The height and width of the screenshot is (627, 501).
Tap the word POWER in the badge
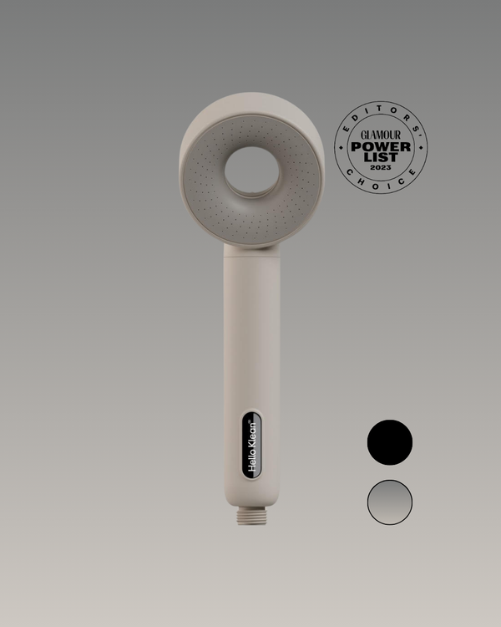point(381,147)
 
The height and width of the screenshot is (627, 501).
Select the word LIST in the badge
point(381,159)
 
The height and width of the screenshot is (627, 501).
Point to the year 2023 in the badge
point(381,169)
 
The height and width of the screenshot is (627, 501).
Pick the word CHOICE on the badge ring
point(381,184)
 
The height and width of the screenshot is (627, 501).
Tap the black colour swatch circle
point(390,441)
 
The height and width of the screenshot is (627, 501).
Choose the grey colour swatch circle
point(390,502)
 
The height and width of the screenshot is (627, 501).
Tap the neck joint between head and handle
point(250,247)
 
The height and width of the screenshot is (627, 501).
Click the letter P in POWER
point(356,147)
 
